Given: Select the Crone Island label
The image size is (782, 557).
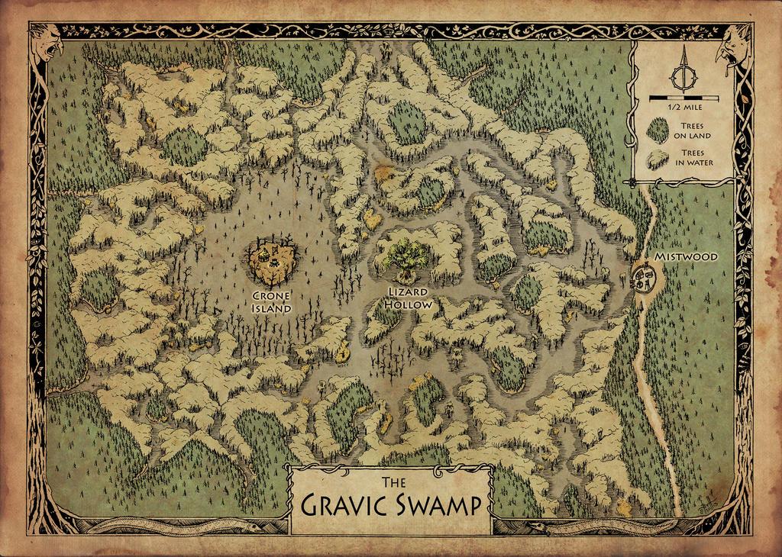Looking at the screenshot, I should (x=272, y=303).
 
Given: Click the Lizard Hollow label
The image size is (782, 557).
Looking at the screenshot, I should (x=409, y=298).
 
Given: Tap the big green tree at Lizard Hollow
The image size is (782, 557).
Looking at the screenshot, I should (x=406, y=254).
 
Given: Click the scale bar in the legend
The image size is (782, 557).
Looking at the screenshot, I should (x=683, y=98).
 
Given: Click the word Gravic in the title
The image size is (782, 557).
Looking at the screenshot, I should (x=347, y=506).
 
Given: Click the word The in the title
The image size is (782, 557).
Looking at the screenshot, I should (x=391, y=482).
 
